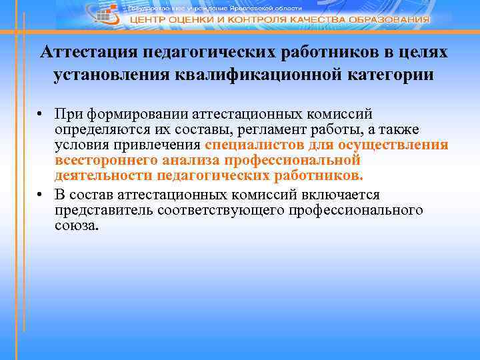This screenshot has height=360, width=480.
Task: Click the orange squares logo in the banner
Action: point(105,17)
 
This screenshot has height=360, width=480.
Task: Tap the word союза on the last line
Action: point(77,226)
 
